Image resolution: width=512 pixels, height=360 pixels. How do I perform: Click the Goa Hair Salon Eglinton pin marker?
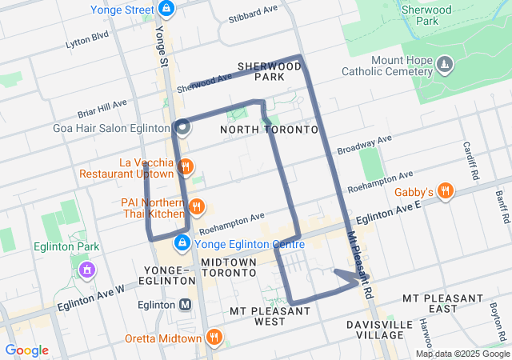click(x=182, y=126)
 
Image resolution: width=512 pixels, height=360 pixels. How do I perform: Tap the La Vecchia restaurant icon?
click(x=186, y=167)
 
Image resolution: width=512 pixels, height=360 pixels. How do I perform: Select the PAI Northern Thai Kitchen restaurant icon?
click(x=197, y=208)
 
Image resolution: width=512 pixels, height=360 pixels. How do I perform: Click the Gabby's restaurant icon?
click(x=446, y=191)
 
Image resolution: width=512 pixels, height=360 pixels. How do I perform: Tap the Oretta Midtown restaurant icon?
click(x=214, y=338)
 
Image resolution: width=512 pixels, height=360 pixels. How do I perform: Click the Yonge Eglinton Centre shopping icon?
click(x=182, y=242)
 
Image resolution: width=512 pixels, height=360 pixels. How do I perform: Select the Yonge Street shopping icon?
click(x=166, y=10)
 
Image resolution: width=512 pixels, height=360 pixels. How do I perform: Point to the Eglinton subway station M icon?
click(x=186, y=304)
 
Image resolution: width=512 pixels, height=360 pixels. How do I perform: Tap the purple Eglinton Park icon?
click(x=86, y=270)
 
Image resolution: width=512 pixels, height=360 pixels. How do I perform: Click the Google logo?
click(x=26, y=350)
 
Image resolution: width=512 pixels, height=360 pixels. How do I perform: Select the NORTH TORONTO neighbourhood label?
click(x=269, y=130)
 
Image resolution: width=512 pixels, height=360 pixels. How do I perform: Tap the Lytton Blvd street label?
click(x=86, y=37)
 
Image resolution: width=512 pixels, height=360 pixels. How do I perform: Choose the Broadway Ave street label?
click(x=364, y=145)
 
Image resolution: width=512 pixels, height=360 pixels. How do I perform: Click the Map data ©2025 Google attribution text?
click(x=462, y=354)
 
